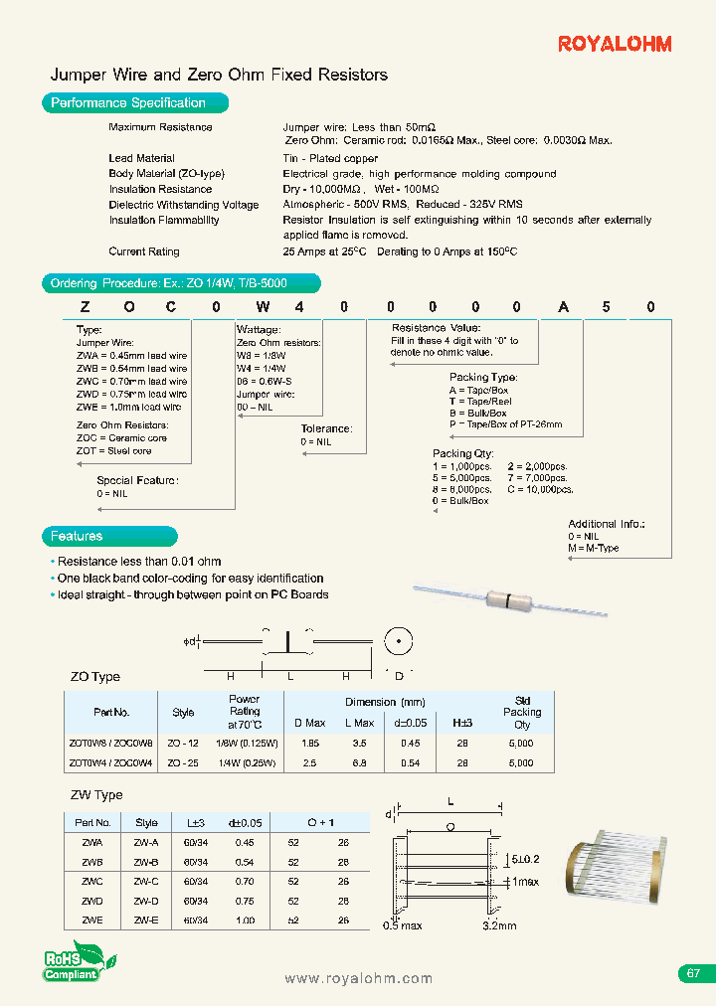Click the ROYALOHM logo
point(615,44)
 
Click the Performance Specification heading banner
point(133,102)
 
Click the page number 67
point(694,973)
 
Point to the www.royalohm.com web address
point(358,978)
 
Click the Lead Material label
point(141,158)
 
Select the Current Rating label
point(144,251)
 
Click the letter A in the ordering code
point(564,307)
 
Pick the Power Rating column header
point(244,712)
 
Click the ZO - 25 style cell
point(183,762)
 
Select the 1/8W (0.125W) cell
point(244,743)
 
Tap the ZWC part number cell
point(92,881)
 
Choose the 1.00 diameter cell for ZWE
point(245,921)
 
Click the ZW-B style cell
point(146,861)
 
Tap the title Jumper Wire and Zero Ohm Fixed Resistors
point(219,75)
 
